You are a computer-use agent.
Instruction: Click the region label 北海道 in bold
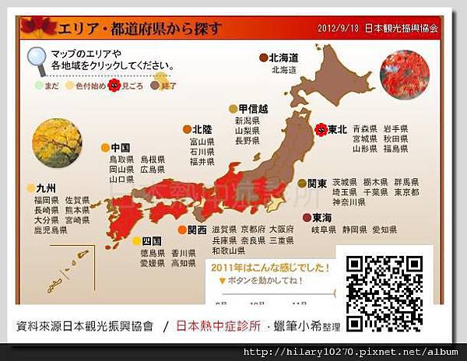coord(284,58)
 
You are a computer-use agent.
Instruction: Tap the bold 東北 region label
coord(338,130)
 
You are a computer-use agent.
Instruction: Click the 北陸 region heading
coord(202,129)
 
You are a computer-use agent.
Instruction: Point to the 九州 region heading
coord(47,188)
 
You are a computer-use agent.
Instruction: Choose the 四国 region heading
coord(152,241)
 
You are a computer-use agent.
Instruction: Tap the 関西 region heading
coord(198,230)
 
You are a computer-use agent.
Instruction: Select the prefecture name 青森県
coord(365,128)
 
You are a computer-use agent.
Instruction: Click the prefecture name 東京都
coord(406,192)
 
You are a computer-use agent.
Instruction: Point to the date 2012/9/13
coord(338,28)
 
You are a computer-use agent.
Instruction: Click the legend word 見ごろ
coord(133,83)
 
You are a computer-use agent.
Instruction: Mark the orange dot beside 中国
coord(106,147)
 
